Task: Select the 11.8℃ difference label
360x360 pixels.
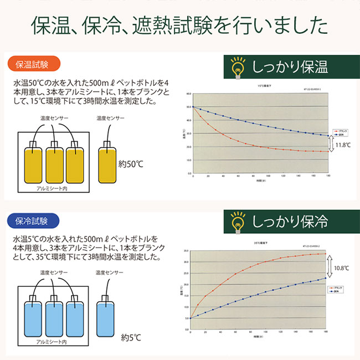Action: pos(343,146)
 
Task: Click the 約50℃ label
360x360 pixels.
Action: pos(132,164)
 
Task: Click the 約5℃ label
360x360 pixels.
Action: pos(131,336)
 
